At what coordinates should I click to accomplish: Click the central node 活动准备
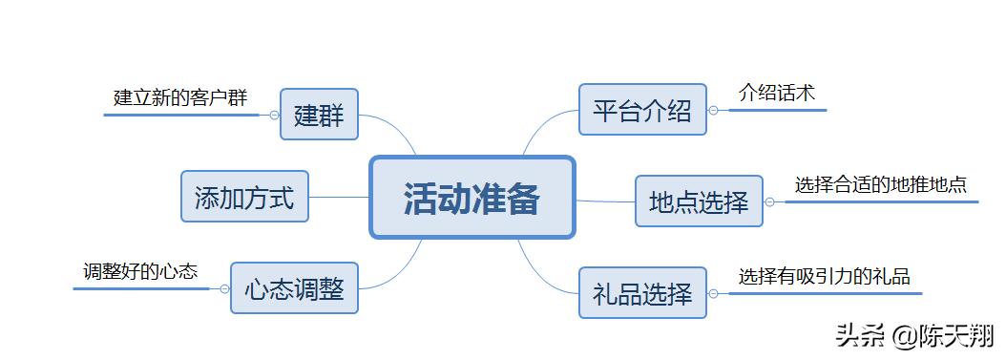click(472, 198)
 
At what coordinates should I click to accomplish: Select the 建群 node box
click(318, 115)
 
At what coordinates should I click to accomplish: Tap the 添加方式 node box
click(244, 197)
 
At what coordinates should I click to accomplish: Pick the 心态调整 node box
click(294, 287)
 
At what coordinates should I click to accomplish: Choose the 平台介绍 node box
click(642, 110)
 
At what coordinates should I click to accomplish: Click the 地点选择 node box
click(699, 201)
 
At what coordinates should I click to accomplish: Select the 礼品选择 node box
click(642, 292)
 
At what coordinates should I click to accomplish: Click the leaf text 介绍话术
click(777, 93)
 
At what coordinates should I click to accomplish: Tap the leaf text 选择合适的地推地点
click(880, 184)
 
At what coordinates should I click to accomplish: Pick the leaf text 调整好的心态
click(139, 271)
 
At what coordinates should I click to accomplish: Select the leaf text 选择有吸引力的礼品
click(824, 276)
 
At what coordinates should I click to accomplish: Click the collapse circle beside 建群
click(274, 115)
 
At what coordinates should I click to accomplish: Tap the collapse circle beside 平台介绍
click(713, 110)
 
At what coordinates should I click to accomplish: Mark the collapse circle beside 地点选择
click(769, 201)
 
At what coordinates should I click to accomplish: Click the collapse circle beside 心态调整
click(224, 288)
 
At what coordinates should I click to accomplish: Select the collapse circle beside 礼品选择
click(713, 292)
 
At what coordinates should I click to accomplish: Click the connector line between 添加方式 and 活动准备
click(339, 197)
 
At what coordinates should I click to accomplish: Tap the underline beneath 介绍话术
click(778, 110)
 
